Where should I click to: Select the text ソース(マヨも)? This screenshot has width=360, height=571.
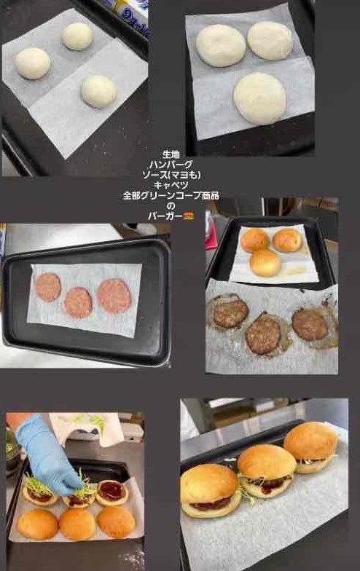[x=171, y=175]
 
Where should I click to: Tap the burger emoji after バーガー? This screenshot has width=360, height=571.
[x=188, y=216]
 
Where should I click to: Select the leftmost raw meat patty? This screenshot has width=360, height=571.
[x=48, y=288]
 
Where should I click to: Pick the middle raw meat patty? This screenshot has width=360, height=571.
[x=77, y=302]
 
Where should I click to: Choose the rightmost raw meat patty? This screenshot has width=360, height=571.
[x=114, y=296]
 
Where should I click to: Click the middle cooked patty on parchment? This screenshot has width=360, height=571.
[x=263, y=334]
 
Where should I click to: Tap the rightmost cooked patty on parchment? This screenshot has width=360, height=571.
[x=310, y=325]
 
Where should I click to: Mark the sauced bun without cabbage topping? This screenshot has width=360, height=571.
[x=112, y=492]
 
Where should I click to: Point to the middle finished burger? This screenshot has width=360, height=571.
[x=267, y=470]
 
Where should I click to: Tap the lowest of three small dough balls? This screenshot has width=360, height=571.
[x=99, y=91]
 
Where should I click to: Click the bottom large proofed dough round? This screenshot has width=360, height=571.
[x=259, y=98]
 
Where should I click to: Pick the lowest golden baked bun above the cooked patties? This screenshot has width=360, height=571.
[x=265, y=262]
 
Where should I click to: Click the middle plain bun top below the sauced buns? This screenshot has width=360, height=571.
[x=77, y=524]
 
